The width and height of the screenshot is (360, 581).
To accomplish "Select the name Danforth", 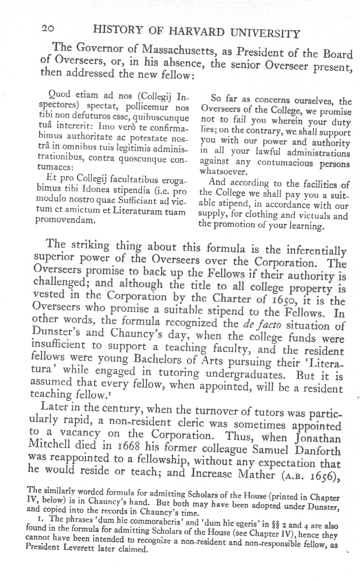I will click(317, 451).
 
